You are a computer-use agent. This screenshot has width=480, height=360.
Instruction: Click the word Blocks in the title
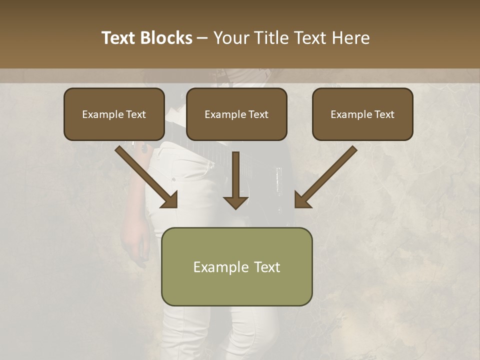[166, 38]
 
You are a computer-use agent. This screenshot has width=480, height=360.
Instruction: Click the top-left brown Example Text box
[114, 114]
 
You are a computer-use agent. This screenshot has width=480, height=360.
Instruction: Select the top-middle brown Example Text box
[236, 114]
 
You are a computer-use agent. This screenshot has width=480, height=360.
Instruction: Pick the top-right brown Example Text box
[362, 114]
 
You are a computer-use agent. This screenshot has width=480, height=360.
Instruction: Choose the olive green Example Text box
[236, 266]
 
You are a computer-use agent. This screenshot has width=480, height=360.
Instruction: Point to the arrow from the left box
[145, 176]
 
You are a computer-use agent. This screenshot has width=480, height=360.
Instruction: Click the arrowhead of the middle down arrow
[235, 202]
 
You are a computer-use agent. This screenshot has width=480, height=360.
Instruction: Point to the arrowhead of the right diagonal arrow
[302, 199]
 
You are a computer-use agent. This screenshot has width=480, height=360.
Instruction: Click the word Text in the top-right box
[384, 114]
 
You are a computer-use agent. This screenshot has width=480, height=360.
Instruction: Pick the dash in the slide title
[202, 38]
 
